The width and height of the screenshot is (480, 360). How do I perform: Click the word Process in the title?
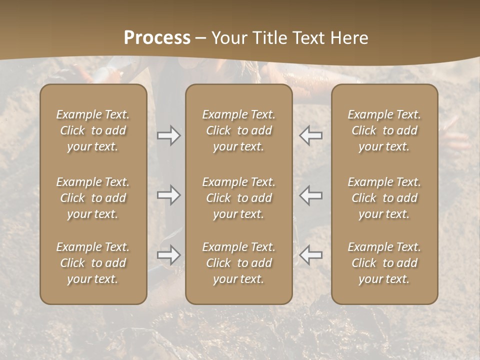coord(157,38)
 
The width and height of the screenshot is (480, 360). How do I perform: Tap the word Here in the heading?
coord(351,38)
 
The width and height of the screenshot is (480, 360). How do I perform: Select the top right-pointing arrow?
coord(169,135)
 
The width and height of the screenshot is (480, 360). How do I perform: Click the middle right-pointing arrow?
coord(169,195)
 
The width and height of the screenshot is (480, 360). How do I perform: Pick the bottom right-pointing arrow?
coord(169,255)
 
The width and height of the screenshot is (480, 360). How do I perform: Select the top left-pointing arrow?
coord(311,135)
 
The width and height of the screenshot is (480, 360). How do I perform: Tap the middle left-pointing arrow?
coord(311,195)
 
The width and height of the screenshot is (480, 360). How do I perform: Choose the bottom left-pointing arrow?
coord(311,255)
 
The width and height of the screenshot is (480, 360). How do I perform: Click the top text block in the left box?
coord(93,130)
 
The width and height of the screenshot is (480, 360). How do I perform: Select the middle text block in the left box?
coord(93,198)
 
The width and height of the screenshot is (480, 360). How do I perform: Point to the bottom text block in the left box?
coord(93,263)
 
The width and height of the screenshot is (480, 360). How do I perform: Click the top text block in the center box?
coord(239,130)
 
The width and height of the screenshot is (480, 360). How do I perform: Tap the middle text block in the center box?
coord(239,198)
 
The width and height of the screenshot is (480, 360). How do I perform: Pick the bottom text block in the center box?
coord(239,263)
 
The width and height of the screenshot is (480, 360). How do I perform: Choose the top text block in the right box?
coord(384,130)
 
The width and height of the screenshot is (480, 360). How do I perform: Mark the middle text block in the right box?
coord(384,198)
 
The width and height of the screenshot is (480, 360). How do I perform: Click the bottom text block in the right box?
coord(384,263)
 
